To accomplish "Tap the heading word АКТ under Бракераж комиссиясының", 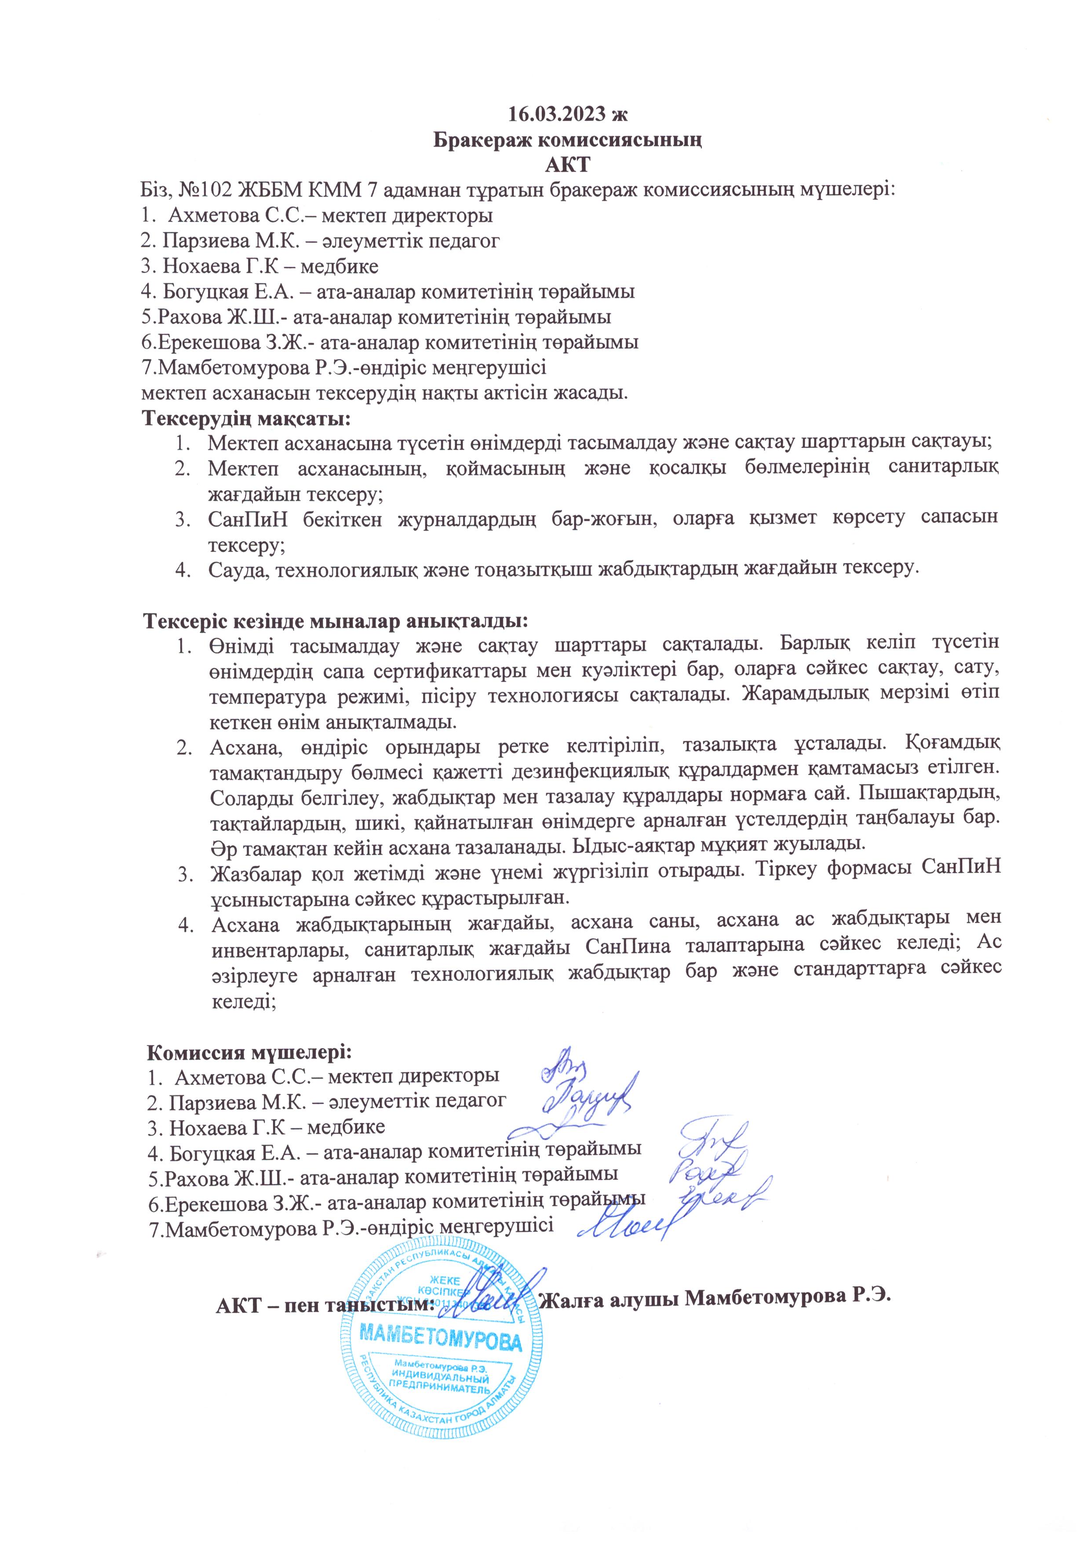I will (x=567, y=164).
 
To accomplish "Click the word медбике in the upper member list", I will (x=339, y=266).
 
